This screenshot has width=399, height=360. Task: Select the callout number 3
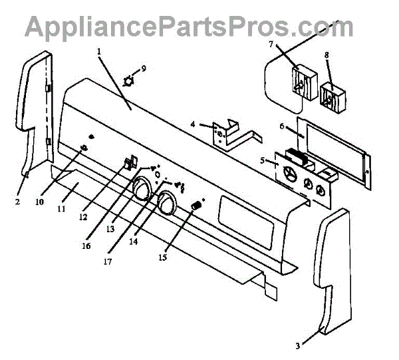tap(298, 345)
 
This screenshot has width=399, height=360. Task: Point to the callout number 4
tap(192, 124)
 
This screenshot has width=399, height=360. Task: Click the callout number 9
tap(143, 69)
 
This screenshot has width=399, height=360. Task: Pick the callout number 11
tap(61, 208)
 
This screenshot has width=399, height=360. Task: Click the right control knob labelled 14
tap(166, 203)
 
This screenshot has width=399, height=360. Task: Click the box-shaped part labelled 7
tap(300, 83)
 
